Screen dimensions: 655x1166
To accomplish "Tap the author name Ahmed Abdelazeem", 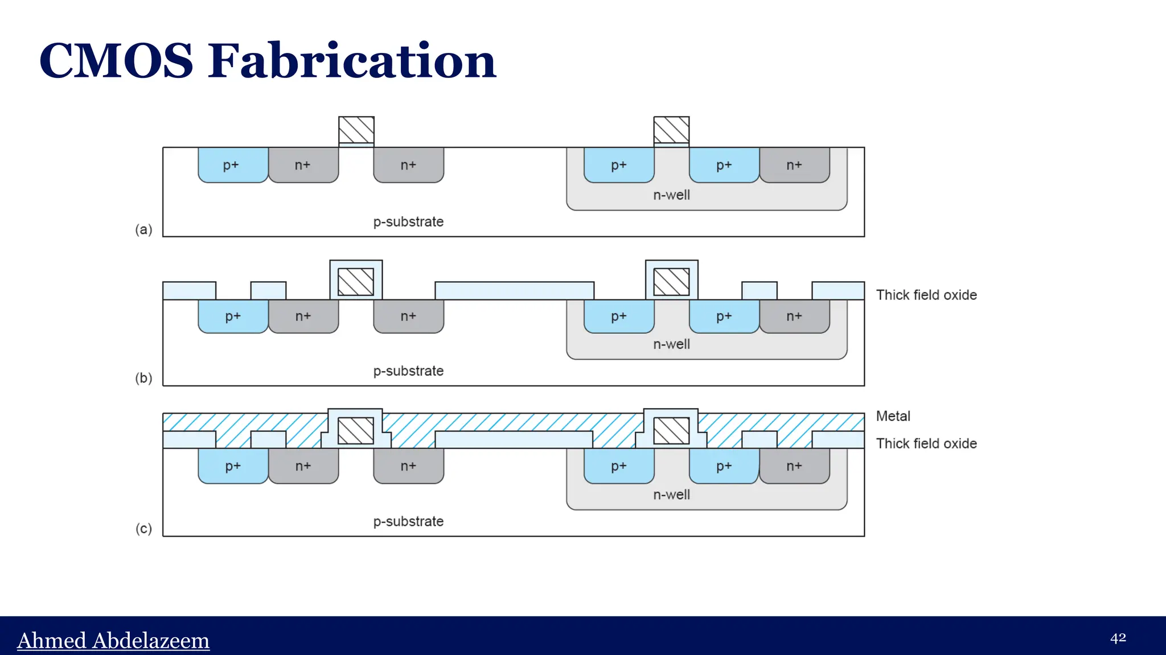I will coord(113,640).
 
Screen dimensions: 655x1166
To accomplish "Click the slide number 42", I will coord(1118,638).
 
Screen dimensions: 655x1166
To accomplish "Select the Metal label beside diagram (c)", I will coord(893,416).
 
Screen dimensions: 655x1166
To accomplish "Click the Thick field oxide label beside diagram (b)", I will coord(926,295).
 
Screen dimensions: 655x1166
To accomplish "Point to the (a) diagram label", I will coord(143,229).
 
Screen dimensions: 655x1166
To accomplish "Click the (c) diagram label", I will coord(143,529).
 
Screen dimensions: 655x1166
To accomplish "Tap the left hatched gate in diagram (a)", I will coord(356,130).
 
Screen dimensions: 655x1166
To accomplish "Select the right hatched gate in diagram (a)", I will coord(671,130).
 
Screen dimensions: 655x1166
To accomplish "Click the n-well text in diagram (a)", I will coord(671,195).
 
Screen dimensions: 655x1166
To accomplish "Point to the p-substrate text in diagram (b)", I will coord(408,371).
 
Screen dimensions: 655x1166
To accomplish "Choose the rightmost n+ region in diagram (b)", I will coord(794,316).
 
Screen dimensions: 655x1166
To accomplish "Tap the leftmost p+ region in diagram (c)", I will coord(232,466).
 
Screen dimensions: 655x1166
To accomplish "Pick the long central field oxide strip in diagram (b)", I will coord(514,290).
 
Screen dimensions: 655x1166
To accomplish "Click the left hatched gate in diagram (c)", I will coord(356,431).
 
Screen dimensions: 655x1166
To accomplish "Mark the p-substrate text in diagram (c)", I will coord(408,521).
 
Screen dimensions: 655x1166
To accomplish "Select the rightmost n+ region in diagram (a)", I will coord(794,165).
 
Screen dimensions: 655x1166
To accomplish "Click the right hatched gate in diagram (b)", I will coord(671,282).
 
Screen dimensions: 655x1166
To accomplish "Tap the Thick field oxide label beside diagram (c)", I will coord(926,443).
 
